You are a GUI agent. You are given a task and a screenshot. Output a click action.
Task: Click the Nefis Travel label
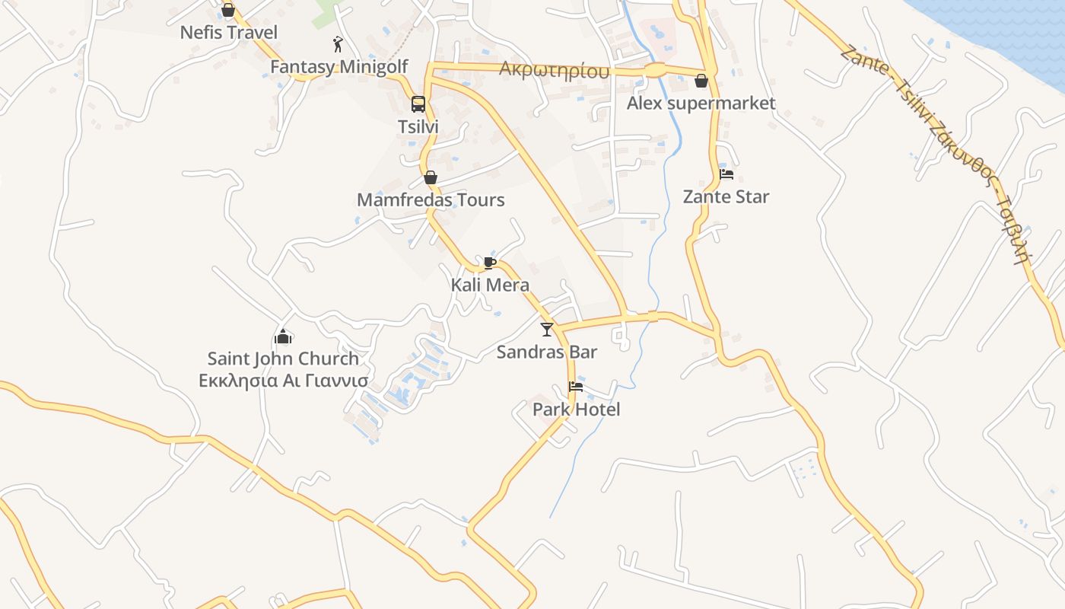[228, 33]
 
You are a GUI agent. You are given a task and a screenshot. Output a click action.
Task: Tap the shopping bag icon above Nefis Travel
[227, 11]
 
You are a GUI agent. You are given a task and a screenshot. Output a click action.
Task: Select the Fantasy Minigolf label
[339, 67]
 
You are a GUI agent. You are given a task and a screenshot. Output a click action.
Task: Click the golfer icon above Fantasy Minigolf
[339, 44]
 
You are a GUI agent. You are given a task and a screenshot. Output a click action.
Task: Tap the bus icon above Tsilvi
[418, 104]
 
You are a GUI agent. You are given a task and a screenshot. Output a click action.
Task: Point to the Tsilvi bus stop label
[418, 126]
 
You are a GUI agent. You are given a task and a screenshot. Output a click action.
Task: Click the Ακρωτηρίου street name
[555, 70]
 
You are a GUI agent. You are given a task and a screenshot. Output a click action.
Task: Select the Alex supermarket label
[701, 103]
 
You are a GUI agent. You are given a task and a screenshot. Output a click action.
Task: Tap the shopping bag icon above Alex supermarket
[701, 81]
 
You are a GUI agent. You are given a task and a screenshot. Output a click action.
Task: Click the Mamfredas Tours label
[431, 200]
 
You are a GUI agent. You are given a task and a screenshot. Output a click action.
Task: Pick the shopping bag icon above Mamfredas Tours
[431, 178]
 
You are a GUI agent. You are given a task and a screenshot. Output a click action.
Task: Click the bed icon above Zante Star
[726, 174]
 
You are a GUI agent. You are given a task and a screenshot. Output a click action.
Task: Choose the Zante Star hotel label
[726, 196]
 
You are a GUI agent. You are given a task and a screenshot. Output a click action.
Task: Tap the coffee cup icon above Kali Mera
[490, 263]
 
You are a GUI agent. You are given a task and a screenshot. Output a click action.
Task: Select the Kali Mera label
[490, 285]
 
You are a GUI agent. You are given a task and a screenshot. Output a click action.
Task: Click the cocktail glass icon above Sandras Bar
[547, 330]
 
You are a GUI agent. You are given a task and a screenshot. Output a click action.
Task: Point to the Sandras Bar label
[547, 352]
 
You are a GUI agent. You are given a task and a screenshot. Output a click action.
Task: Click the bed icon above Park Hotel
[576, 387]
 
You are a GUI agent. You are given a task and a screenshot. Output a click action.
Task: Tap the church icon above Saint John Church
[283, 336]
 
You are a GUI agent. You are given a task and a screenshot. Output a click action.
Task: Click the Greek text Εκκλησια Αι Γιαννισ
[283, 381]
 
